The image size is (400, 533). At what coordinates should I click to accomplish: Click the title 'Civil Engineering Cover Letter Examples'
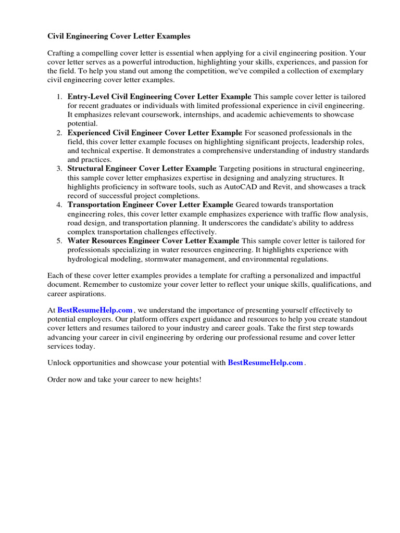pyautogui.click(x=119, y=36)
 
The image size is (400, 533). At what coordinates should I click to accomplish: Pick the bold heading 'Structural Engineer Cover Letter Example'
pyautogui.click(x=142, y=169)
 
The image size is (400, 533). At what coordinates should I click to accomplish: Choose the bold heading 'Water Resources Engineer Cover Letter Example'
pyautogui.click(x=153, y=241)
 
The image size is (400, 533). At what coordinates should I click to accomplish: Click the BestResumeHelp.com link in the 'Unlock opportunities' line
pyautogui.click(x=265, y=363)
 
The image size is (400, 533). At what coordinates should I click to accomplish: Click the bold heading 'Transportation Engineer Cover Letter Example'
pyautogui.click(x=151, y=205)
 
